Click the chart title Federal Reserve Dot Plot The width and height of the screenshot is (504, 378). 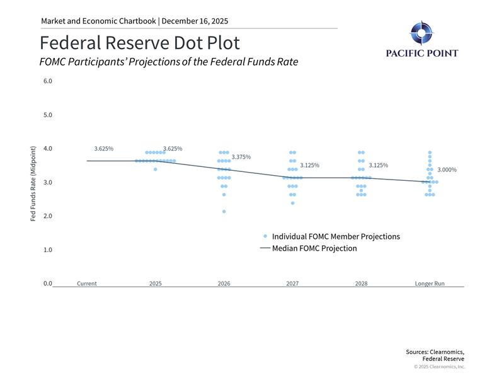point(140,43)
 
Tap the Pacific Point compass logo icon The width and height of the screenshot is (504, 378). point(421,33)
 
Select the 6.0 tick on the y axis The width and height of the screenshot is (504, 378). point(48,81)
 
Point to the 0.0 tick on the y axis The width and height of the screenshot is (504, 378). point(48,283)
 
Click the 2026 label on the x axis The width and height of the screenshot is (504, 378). point(224,283)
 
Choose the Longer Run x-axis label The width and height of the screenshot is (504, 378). point(430,283)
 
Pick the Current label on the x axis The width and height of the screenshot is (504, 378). point(87,283)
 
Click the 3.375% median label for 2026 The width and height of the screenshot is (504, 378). point(241,157)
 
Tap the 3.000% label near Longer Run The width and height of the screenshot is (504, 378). point(447,170)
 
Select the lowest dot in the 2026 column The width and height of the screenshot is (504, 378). point(224,212)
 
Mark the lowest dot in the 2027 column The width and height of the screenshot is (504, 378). point(292,203)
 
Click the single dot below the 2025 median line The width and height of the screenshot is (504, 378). point(156,169)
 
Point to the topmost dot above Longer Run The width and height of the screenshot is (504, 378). point(430,152)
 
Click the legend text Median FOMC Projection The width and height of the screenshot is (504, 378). point(314,248)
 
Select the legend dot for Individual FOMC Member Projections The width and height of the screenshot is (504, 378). point(265,236)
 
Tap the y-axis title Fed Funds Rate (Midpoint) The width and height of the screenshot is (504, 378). point(33,183)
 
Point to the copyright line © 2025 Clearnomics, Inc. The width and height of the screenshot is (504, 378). point(439,367)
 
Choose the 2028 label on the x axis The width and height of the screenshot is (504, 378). point(361,283)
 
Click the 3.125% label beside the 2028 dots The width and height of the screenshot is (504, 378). point(378,166)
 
